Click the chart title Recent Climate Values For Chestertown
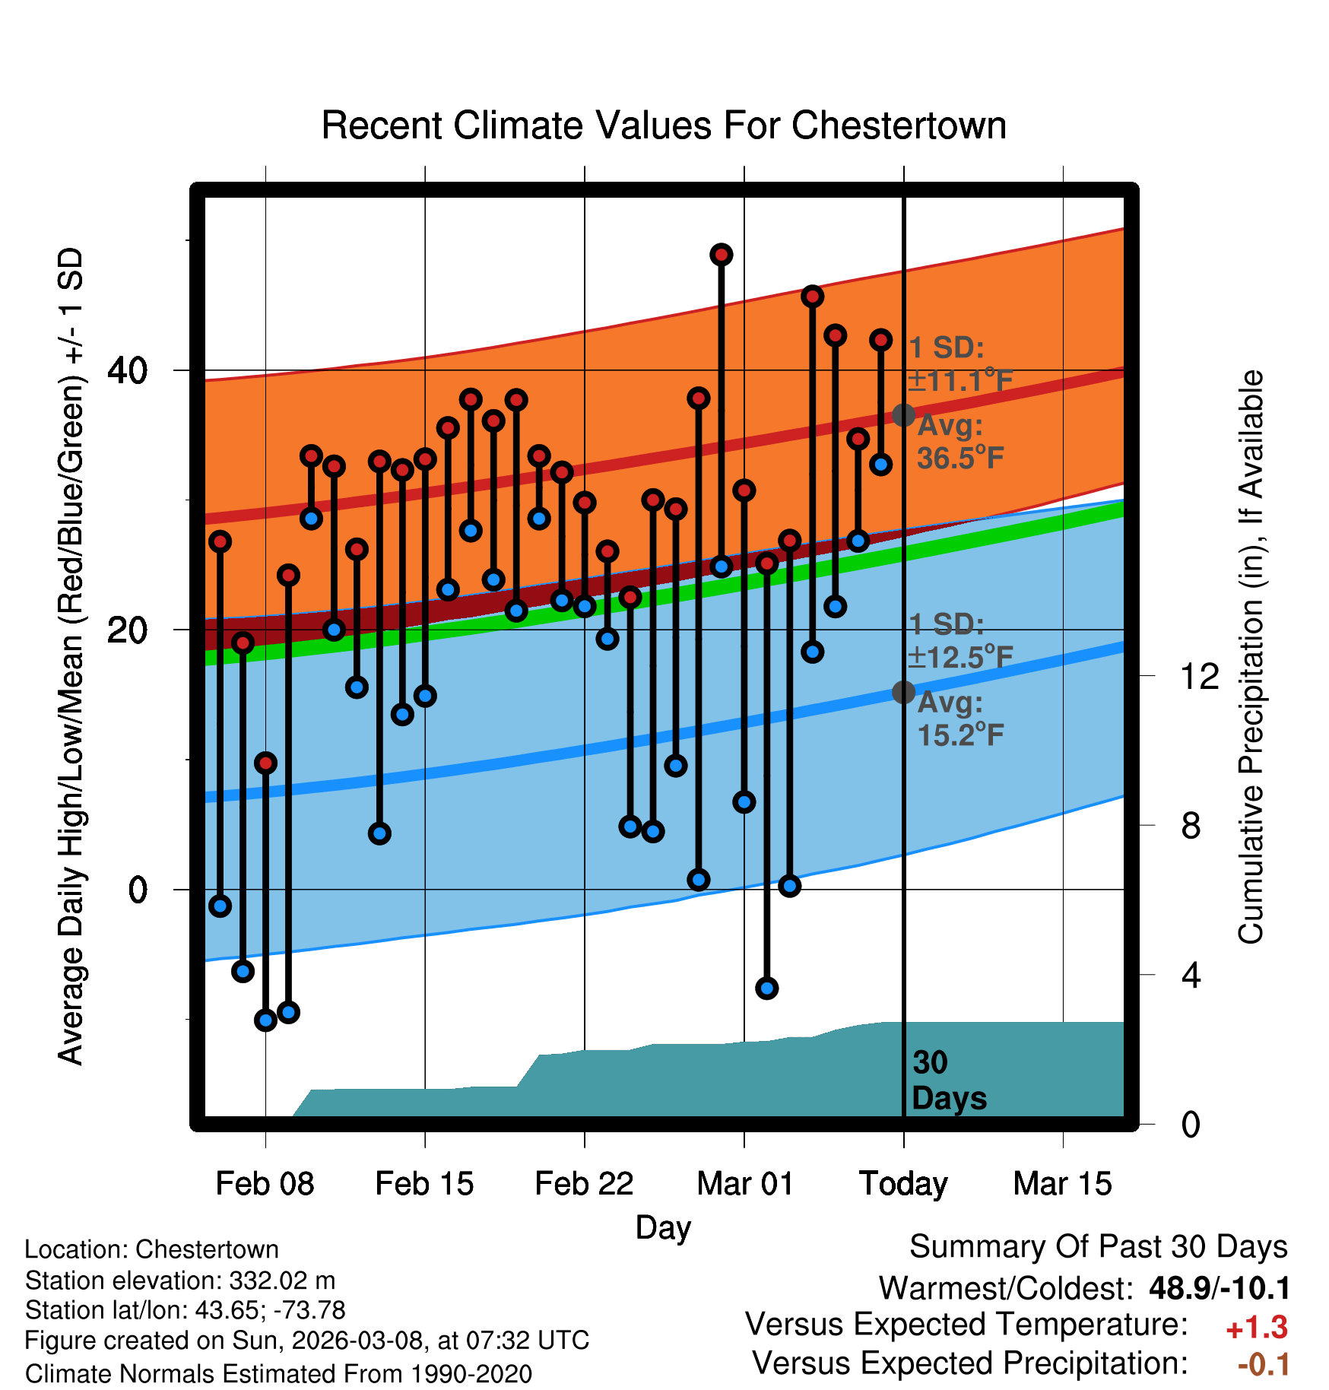[x=664, y=126]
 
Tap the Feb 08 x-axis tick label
[x=265, y=1184]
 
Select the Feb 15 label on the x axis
[x=424, y=1184]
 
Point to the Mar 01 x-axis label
[x=744, y=1184]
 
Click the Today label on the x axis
[x=903, y=1184]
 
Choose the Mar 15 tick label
[x=1062, y=1184]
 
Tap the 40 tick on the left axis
[x=128, y=371]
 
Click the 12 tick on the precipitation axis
[x=1199, y=676]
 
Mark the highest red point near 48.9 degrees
[x=722, y=255]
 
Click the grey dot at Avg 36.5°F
[x=903, y=415]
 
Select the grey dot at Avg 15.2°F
[x=903, y=692]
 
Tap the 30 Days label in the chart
[x=948, y=1081]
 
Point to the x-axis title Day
[x=663, y=1227]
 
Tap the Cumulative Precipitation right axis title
[x=1251, y=657]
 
